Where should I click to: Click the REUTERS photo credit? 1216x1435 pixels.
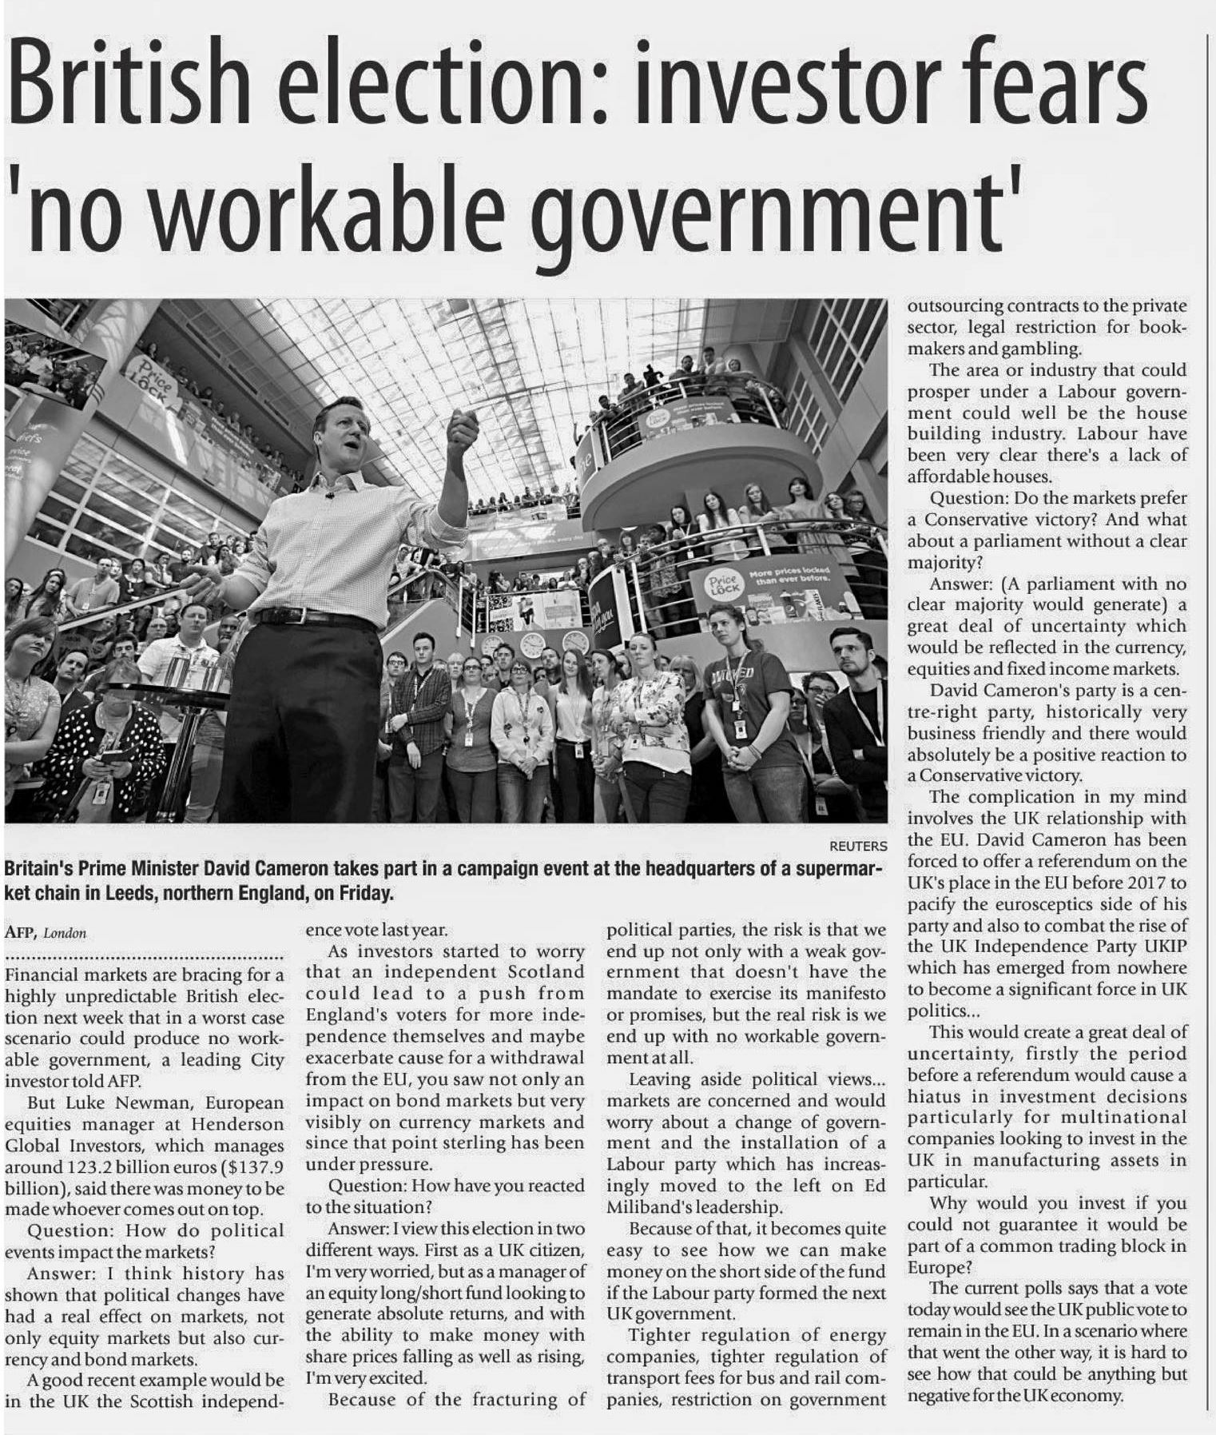click(x=858, y=846)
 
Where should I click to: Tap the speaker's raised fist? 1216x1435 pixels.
click(x=463, y=427)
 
